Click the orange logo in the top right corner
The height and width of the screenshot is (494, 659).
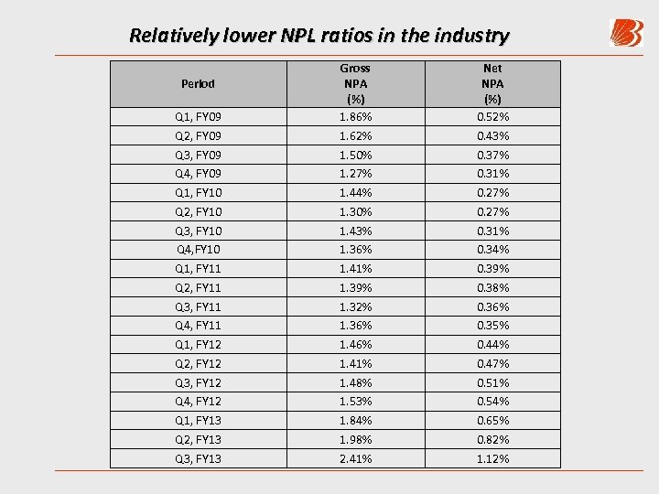click(626, 34)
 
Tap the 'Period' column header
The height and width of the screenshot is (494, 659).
click(198, 83)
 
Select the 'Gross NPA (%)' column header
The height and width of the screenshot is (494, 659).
click(355, 83)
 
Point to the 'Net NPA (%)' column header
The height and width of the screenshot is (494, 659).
click(492, 83)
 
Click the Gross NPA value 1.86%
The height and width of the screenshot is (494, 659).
click(355, 117)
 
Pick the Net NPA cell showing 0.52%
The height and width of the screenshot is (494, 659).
click(492, 117)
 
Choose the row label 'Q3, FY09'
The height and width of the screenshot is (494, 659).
click(198, 156)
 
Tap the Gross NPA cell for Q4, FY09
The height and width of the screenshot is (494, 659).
click(355, 174)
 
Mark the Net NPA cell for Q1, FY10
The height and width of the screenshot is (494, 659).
click(492, 193)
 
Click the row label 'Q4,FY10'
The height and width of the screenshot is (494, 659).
click(198, 250)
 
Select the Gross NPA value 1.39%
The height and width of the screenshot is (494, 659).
click(355, 288)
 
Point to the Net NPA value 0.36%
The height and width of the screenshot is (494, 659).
click(492, 307)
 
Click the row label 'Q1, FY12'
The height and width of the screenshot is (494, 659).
click(198, 345)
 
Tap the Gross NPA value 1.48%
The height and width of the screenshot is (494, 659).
click(355, 383)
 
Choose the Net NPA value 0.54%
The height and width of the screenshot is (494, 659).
click(492, 402)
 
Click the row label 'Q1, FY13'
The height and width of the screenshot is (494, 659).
click(198, 421)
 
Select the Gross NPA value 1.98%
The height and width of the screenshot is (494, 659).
click(355, 440)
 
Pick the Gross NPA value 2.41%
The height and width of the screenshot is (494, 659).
click(355, 459)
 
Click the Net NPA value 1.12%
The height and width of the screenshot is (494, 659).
click(492, 459)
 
